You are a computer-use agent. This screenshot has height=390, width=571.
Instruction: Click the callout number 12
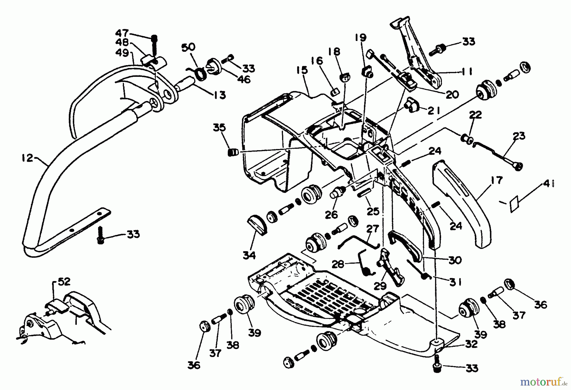click(x=27, y=158)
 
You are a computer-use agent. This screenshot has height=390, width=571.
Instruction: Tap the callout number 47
click(x=122, y=33)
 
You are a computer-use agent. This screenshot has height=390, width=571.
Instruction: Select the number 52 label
click(x=64, y=282)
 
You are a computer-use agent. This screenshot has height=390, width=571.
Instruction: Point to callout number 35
click(x=219, y=128)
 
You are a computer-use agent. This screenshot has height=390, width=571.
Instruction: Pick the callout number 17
click(x=496, y=180)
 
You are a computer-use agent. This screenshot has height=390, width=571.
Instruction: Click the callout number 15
click(x=302, y=70)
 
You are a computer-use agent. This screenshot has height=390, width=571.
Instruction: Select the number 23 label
click(x=519, y=136)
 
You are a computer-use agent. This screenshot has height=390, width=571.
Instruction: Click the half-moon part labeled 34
click(x=257, y=224)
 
